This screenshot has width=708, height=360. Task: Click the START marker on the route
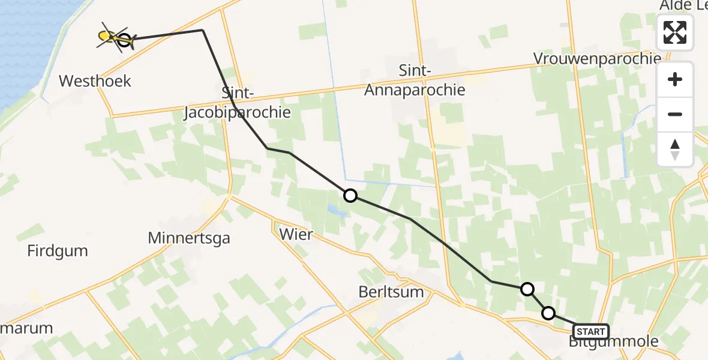591,332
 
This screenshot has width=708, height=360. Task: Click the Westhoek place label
95,81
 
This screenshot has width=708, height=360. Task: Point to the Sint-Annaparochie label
431,80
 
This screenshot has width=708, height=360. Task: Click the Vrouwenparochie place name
597,59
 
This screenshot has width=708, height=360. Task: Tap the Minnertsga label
189,238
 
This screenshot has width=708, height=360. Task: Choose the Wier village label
296,234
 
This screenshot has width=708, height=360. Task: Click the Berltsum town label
391,293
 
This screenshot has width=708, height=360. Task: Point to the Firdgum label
58,251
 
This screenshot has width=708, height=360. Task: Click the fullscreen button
675,32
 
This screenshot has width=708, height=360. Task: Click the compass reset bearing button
675,149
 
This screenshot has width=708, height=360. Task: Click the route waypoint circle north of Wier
350,196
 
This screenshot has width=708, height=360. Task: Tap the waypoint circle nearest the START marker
548,313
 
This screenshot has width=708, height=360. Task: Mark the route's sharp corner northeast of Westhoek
203,30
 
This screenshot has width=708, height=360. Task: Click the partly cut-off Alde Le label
683,6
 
